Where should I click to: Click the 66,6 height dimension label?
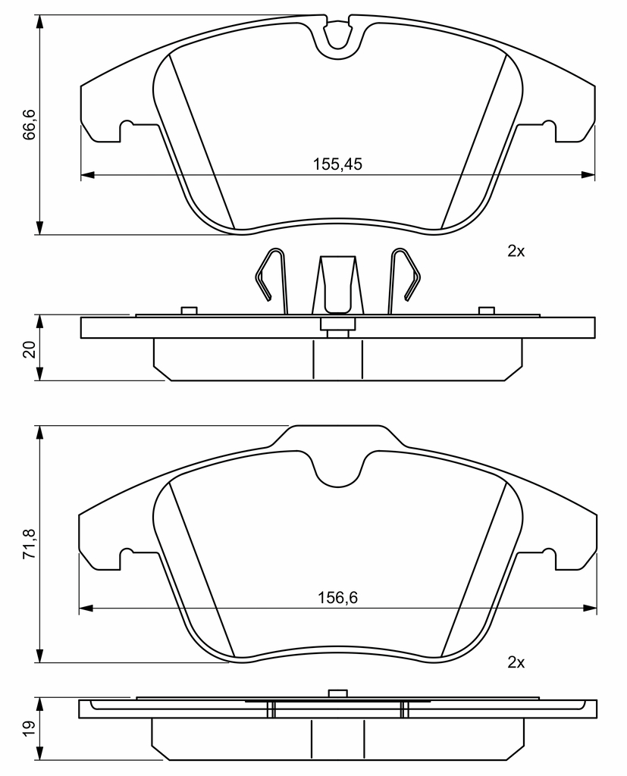tap(30, 125)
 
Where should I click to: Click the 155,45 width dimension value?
tap(337, 164)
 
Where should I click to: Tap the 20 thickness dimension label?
tap(30, 349)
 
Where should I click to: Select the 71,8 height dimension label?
tap(30, 544)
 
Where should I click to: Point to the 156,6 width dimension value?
tap(337, 598)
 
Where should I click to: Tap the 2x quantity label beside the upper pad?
tap(516, 252)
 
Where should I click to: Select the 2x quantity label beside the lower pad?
tap(516, 662)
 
